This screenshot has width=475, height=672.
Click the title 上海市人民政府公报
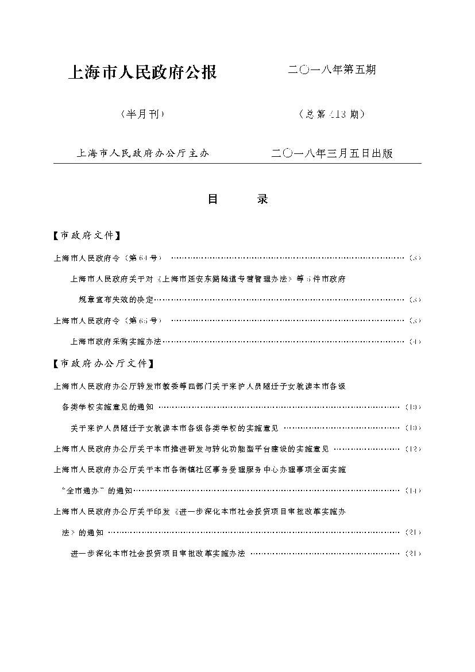142,73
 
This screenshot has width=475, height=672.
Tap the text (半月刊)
142,114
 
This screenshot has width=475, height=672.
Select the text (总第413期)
331,114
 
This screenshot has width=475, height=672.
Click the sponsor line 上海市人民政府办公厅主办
142,154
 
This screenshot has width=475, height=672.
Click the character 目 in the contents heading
213,199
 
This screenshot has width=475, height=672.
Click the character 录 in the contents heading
262,199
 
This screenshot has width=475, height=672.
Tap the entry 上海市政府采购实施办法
115,342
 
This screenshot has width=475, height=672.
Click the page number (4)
415,342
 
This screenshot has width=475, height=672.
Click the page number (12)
412,449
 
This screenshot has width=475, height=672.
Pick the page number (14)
412,491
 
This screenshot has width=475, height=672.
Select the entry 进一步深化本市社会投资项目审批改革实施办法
157,554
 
